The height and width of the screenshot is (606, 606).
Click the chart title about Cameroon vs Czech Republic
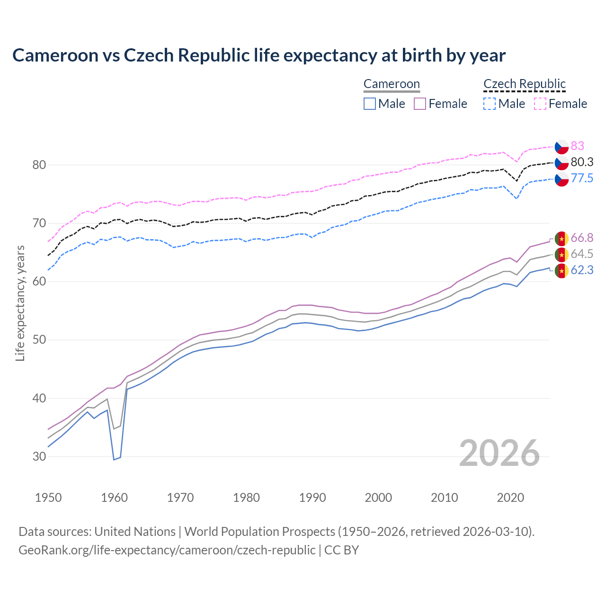coord(258,55)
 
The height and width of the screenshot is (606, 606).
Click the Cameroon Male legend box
coord(370,104)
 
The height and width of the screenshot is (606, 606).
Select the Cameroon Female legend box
coord(420,104)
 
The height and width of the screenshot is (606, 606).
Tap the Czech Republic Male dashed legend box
coord(490,104)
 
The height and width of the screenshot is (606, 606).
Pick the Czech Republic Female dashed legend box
coord(540,104)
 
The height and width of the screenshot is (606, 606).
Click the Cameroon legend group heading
coord(392,84)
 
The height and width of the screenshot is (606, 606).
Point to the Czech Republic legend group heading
coord(525,84)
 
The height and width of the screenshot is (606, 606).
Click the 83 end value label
coord(577,146)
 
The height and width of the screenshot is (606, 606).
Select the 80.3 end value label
coord(582,162)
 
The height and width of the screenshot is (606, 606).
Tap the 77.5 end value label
coord(582,178)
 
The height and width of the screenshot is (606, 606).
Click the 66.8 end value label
coord(582,238)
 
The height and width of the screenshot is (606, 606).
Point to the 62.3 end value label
coord(582,270)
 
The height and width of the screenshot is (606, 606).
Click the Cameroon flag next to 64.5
coord(561,254)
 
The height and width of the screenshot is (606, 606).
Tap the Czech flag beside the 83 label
coord(561,146)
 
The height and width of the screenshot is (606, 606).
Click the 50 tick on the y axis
coord(39,340)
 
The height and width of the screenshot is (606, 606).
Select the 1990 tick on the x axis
coord(312,498)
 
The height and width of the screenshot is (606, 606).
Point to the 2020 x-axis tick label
coord(510,498)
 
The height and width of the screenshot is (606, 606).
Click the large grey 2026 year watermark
coord(499,453)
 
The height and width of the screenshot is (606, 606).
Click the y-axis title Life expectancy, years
coord(20,303)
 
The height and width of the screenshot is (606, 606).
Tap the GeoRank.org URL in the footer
coord(167,550)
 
